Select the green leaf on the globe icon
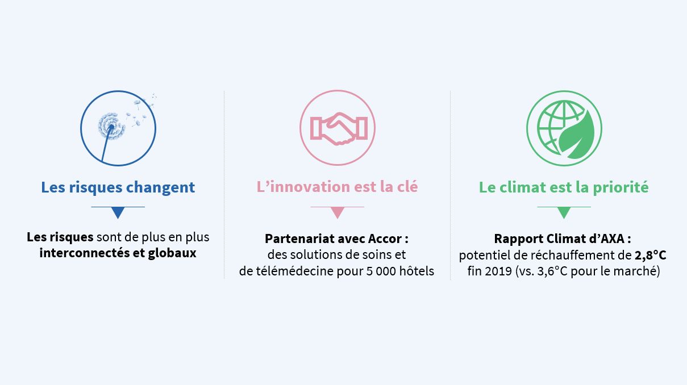[577, 135]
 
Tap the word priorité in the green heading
[621, 187]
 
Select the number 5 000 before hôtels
[376, 271]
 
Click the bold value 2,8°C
[650, 256]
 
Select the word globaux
[172, 253]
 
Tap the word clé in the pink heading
[408, 187]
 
